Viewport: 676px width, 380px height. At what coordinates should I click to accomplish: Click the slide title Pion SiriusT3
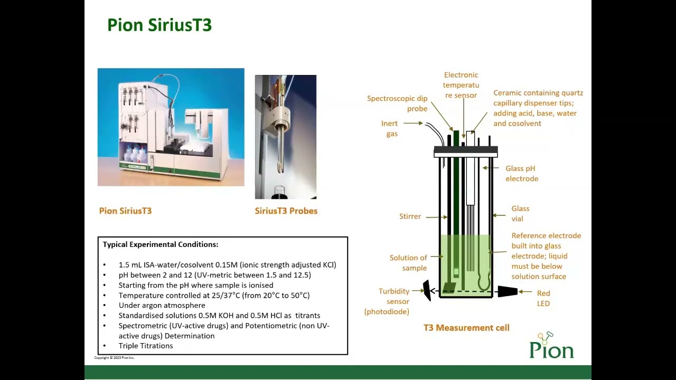(159, 25)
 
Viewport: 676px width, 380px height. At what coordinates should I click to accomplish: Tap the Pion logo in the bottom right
(551, 346)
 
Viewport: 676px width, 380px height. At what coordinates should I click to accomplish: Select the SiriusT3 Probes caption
(286, 211)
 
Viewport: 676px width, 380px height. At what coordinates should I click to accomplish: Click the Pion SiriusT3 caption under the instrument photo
(125, 211)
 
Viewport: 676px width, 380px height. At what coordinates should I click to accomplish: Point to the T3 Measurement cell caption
(466, 328)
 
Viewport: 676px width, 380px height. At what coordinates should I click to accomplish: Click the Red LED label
(543, 298)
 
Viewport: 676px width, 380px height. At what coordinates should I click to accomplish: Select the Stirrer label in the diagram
(410, 216)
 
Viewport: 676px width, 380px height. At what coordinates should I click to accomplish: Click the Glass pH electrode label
(521, 174)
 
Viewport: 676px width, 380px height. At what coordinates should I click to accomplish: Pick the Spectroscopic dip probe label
(397, 103)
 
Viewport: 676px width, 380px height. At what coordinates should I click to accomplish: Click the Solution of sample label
(408, 263)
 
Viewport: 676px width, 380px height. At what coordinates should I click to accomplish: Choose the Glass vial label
(520, 214)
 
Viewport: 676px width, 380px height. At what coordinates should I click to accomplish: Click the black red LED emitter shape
(507, 291)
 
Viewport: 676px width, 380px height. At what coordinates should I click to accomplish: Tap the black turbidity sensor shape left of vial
(427, 291)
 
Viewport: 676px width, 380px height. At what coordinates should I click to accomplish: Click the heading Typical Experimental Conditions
(160, 244)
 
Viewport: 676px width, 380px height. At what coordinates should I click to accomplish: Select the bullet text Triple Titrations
(145, 346)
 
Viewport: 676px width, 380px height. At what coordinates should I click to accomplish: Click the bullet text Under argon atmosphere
(162, 305)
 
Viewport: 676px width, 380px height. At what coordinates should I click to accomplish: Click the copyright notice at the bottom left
(114, 358)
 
